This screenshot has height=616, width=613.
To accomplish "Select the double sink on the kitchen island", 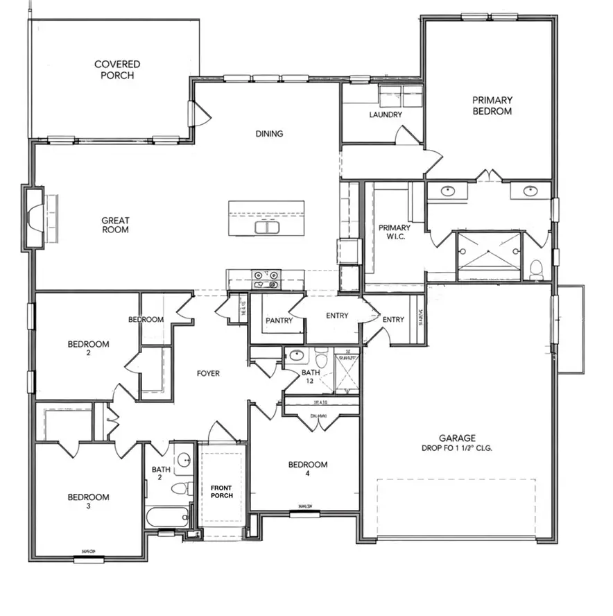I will (266, 228).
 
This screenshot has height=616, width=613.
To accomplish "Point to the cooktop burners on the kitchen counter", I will (266, 279).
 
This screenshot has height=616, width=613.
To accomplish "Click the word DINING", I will (269, 134).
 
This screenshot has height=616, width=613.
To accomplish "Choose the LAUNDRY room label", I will (386, 114).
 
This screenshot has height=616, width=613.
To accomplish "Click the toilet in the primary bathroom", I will (537, 268).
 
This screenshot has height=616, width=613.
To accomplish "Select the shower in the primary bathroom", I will (488, 256).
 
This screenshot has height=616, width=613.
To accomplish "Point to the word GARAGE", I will (456, 438).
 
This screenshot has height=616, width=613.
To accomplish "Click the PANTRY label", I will (279, 320).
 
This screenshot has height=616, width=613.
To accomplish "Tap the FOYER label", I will (208, 373).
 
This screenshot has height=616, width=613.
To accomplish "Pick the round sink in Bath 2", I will (184, 460).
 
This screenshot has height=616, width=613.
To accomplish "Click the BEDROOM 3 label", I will (88, 501).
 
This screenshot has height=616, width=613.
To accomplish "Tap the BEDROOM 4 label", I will (308, 469).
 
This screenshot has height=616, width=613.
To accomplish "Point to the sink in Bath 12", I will (297, 356).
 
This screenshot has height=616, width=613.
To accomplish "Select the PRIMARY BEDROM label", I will (492, 105).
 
